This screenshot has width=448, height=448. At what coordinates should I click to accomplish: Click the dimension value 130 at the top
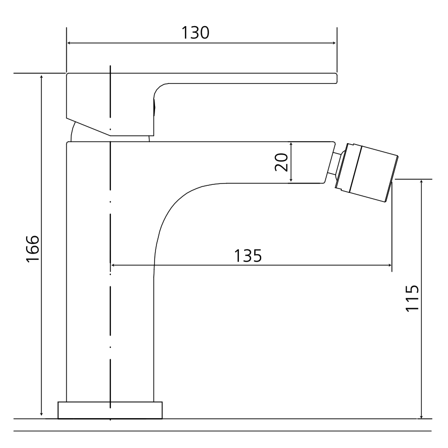195,33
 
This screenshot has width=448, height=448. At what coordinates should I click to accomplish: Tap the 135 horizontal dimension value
248,256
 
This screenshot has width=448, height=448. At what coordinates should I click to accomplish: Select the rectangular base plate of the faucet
110,410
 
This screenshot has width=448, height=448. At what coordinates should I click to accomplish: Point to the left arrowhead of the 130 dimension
69,43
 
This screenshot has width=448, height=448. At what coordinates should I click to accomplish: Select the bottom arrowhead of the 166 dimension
42,416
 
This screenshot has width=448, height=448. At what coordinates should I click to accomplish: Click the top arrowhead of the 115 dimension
421,183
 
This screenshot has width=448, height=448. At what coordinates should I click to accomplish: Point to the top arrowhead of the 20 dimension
292,144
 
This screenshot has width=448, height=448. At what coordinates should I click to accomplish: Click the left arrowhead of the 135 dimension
113,265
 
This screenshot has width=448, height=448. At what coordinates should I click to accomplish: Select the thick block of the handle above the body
109,102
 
